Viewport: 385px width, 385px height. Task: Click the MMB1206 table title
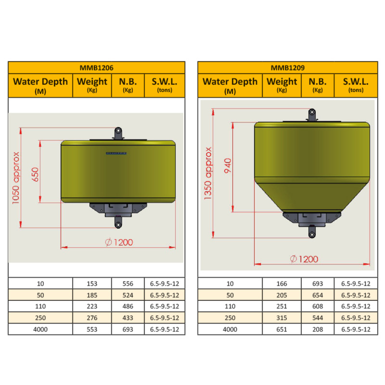[97, 68]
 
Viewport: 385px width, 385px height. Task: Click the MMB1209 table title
[287, 68]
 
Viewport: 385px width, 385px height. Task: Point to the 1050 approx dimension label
[16, 178]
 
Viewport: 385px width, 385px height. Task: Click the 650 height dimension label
[35, 175]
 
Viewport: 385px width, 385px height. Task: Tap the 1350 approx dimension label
[208, 173]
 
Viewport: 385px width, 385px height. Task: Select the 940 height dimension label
[228, 166]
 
